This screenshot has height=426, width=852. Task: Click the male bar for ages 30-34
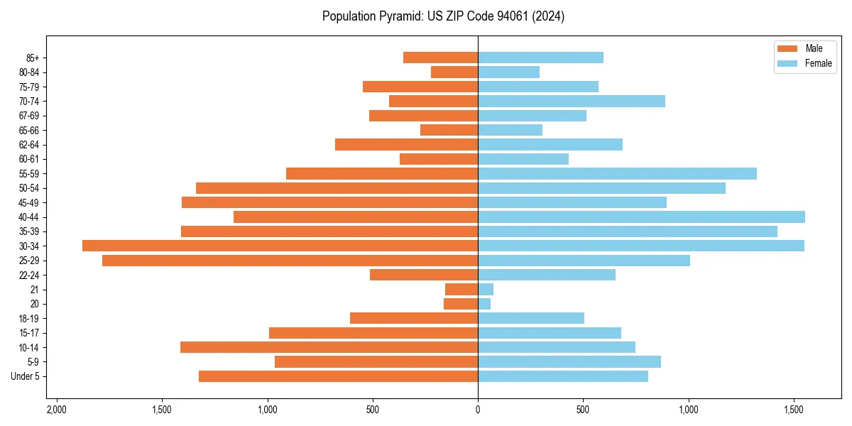pyautogui.click(x=280, y=246)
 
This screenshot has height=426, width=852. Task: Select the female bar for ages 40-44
pyautogui.click(x=641, y=217)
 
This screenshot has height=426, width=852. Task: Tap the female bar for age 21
pyautogui.click(x=486, y=289)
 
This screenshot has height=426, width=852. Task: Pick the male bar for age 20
pyautogui.click(x=461, y=304)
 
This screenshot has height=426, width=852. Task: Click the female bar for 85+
pyautogui.click(x=540, y=58)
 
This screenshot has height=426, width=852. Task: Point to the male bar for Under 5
pyautogui.click(x=338, y=376)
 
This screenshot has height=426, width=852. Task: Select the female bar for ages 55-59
pyautogui.click(x=617, y=173)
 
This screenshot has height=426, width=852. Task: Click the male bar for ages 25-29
pyautogui.click(x=290, y=261)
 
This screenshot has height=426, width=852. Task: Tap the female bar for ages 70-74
pyautogui.click(x=572, y=101)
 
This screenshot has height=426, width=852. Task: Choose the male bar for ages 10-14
pyautogui.click(x=329, y=347)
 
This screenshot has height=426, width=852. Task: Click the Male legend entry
pyautogui.click(x=804, y=48)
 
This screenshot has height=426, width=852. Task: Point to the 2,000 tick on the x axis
pyautogui.click(x=57, y=410)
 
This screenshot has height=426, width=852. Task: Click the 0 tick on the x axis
pyautogui.click(x=478, y=410)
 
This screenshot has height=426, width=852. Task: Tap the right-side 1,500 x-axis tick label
pyautogui.click(x=794, y=410)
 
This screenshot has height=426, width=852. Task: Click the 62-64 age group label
pyautogui.click(x=30, y=144)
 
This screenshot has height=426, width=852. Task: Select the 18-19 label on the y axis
pyautogui.click(x=30, y=318)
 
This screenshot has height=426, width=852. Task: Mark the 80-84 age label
pyautogui.click(x=30, y=72)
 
